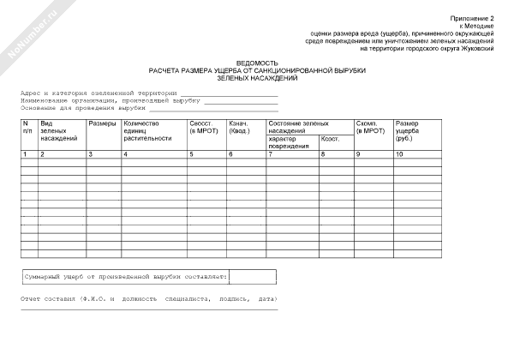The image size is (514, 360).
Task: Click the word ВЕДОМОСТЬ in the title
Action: [257, 63]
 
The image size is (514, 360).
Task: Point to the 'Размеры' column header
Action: [101, 123]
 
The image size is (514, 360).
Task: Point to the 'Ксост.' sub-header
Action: [331, 139]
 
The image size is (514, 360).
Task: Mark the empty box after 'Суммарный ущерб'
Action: [253, 278]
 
